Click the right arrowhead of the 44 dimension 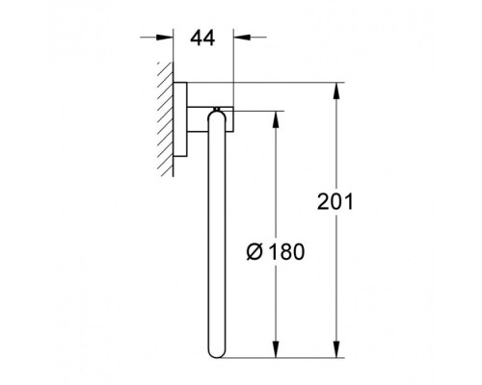tap(239, 38)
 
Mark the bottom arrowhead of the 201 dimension tap(337, 349)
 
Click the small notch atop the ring tap(223, 108)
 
